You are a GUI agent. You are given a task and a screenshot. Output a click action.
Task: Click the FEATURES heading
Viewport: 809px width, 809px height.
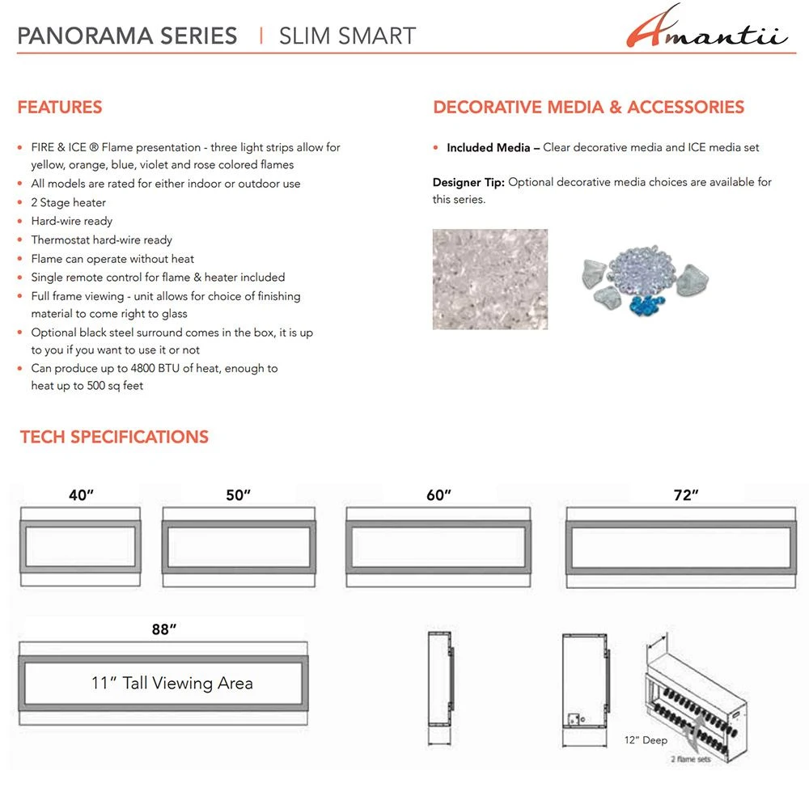click(x=60, y=108)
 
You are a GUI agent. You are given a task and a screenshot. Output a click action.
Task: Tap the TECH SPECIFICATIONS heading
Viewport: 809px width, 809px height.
click(x=114, y=437)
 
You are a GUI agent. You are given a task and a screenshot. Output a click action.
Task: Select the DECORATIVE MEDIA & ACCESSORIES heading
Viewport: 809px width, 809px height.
click(x=588, y=108)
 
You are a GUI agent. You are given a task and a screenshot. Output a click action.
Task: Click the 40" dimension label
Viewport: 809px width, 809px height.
click(x=81, y=496)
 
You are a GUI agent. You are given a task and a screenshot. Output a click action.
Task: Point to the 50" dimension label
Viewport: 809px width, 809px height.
click(x=239, y=496)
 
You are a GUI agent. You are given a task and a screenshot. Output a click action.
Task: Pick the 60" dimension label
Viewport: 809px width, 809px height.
click(x=438, y=495)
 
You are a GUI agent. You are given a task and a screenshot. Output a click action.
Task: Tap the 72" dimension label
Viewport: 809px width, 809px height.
click(x=685, y=495)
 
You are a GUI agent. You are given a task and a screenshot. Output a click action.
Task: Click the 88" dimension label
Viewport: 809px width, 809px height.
click(x=163, y=629)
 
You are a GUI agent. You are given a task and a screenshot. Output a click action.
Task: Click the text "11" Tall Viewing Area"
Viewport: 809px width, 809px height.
click(x=172, y=684)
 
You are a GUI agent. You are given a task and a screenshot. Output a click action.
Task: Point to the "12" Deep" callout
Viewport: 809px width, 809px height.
click(x=646, y=740)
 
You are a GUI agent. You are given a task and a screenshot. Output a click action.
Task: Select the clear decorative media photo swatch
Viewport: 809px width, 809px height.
click(x=489, y=279)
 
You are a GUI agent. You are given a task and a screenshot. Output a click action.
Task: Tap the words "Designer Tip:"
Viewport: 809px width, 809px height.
click(x=468, y=182)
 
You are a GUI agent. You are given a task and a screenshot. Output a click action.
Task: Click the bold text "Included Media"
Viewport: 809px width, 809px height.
click(x=489, y=147)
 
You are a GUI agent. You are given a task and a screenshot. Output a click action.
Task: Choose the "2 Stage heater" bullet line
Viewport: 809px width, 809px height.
click(x=69, y=202)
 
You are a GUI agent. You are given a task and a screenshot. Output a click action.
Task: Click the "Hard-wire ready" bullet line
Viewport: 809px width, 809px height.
click(x=72, y=221)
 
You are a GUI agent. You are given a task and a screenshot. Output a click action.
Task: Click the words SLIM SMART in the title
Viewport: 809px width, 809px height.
click(x=347, y=36)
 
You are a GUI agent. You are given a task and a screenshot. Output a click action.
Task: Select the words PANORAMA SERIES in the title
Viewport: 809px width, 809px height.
click(x=127, y=36)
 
